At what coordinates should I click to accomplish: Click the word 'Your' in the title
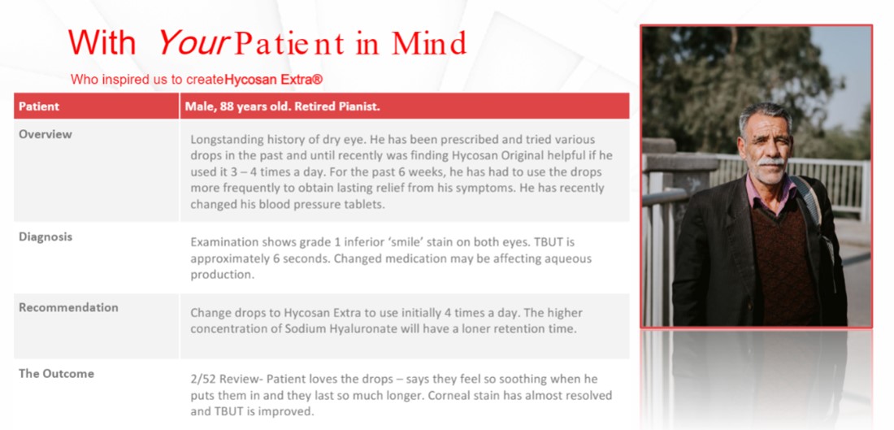pyautogui.click(x=192, y=43)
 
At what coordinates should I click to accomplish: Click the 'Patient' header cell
pyautogui.click(x=39, y=106)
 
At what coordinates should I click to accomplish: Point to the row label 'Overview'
pyautogui.click(x=46, y=134)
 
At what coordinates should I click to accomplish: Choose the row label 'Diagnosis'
pyautogui.click(x=46, y=237)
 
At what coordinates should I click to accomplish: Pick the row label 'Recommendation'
pyautogui.click(x=68, y=307)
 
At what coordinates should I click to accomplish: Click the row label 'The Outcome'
pyautogui.click(x=56, y=374)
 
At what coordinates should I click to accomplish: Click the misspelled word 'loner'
pyautogui.click(x=467, y=328)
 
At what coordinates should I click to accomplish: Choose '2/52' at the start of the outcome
pyautogui.click(x=203, y=379)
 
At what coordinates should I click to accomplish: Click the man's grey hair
pyautogui.click(x=763, y=114)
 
